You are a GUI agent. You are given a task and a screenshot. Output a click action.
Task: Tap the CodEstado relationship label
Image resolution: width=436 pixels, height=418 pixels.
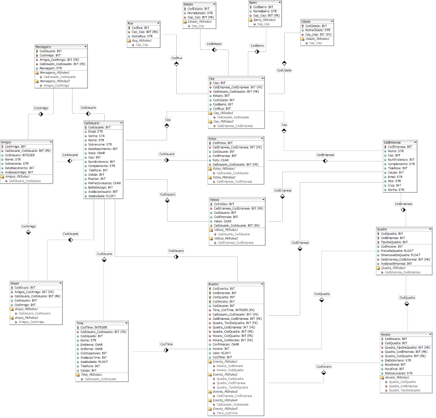click(x=214, y=44)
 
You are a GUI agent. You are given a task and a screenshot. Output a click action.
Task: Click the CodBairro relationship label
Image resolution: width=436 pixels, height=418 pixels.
click(x=257, y=46)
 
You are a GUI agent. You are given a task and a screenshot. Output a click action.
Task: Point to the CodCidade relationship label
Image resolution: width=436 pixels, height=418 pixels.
click(x=284, y=70)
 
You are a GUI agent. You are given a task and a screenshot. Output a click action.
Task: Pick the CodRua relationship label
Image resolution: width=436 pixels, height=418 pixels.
click(x=177, y=58)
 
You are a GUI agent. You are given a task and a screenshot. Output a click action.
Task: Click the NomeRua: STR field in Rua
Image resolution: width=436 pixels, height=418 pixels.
click(x=142, y=36)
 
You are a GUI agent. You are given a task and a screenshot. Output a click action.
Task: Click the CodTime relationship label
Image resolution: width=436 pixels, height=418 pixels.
click(x=166, y=344)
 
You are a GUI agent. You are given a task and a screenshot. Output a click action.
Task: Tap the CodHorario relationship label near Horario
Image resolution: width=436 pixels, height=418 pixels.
click(x=324, y=367)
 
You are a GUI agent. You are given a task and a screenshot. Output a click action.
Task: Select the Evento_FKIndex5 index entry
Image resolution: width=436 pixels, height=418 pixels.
click(x=225, y=408)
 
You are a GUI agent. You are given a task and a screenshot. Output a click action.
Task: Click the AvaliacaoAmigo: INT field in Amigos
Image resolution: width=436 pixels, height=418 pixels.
click(x=19, y=172)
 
